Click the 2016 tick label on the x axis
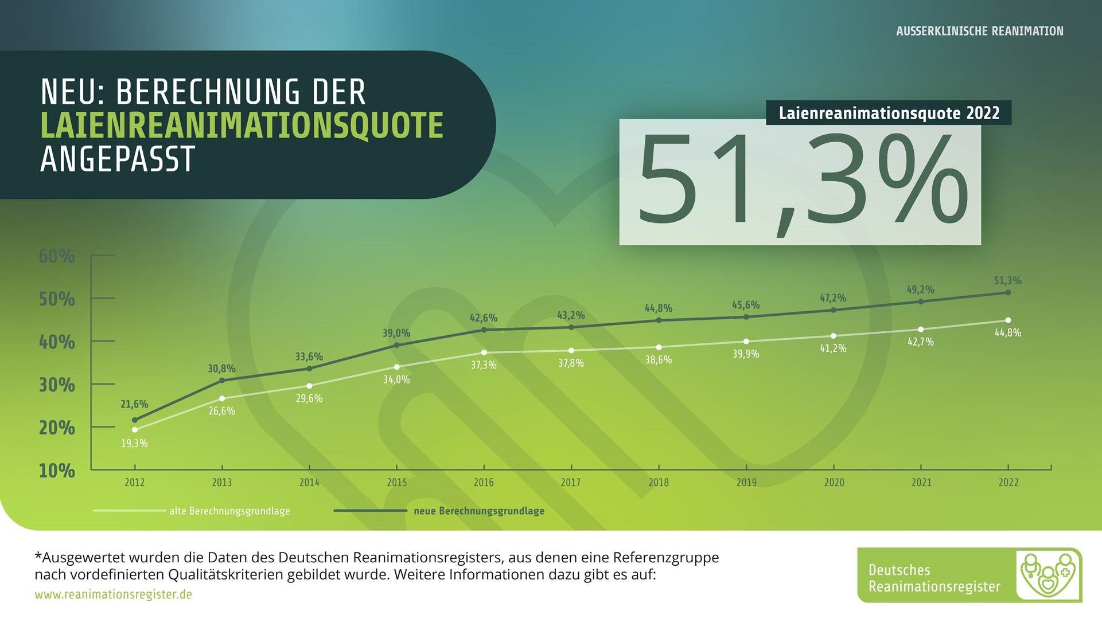coord(484,483)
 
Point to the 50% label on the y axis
coord(57,299)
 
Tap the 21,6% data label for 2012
coord(134,405)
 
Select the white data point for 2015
coord(396,367)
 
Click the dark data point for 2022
coord(1008,292)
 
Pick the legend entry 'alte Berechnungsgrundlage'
coord(229,511)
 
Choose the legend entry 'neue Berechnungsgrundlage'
coord(478,511)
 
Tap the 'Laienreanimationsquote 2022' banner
coord(889,113)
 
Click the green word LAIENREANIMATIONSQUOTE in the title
coord(242,126)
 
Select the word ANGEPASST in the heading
coord(118,159)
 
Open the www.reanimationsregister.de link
coord(113,594)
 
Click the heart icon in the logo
coord(1048,575)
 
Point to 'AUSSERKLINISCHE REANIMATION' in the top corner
coord(979,31)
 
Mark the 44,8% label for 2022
coord(1007,333)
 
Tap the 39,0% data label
coord(396,333)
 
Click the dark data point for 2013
coord(222,381)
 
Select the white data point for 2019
coord(746,342)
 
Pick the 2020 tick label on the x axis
coord(834,483)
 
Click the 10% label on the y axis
coord(57,471)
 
